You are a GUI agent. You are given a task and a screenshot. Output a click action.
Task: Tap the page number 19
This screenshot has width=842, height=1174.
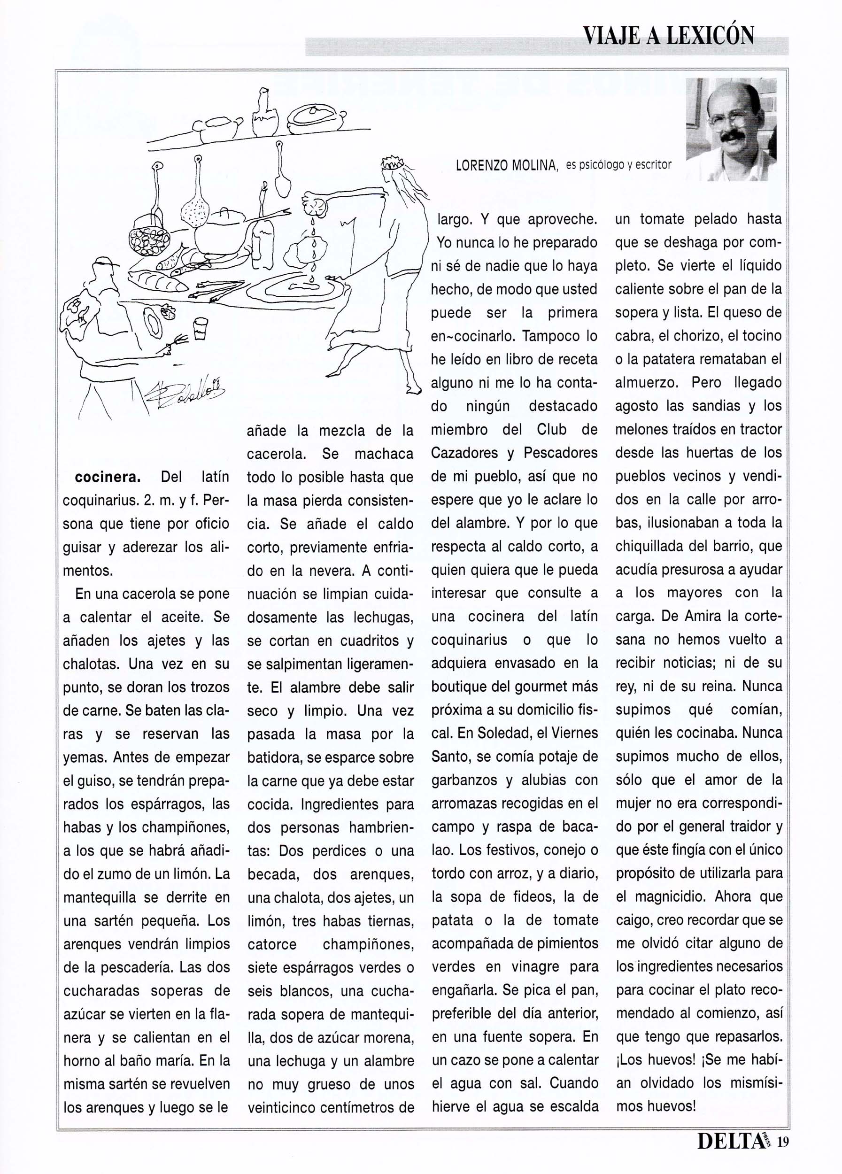click(782, 1155)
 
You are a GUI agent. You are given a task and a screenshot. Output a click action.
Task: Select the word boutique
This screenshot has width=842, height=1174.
click(462, 687)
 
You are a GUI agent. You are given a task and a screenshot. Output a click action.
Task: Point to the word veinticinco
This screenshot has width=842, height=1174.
click(279, 1108)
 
